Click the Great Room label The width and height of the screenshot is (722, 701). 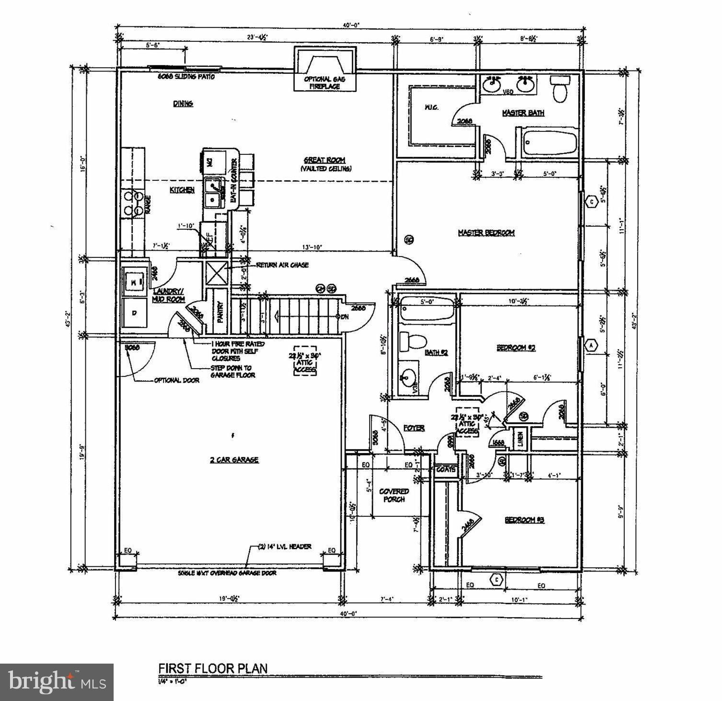[325, 160]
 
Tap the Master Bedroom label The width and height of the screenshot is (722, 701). [486, 233]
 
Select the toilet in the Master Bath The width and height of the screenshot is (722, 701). [559, 89]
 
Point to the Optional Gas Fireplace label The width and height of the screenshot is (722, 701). [325, 82]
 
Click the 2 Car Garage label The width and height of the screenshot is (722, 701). [234, 459]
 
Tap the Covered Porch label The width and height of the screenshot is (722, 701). [394, 495]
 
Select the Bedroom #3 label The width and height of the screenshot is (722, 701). [524, 520]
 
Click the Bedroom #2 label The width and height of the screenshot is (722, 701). [516, 348]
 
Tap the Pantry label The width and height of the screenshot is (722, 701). [221, 312]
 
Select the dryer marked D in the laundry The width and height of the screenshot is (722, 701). [135, 312]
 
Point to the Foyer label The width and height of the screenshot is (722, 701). [414, 428]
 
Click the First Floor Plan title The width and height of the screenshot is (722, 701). [213, 668]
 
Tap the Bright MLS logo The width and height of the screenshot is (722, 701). [57, 681]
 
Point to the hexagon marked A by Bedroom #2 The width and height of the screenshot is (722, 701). [591, 345]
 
